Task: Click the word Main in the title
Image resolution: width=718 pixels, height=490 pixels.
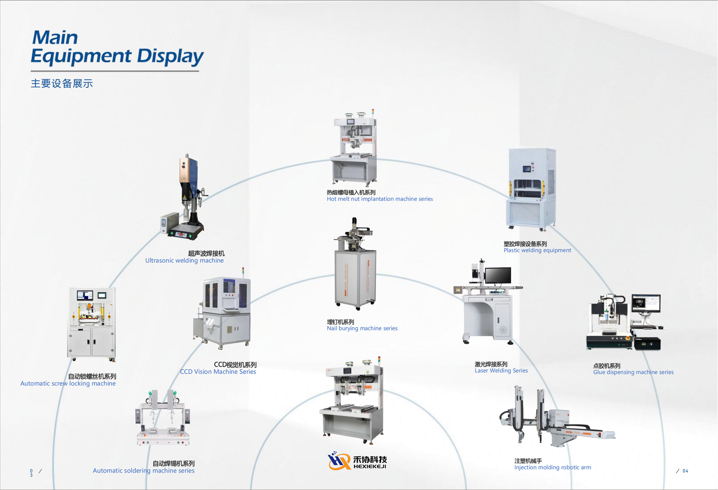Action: (55, 37)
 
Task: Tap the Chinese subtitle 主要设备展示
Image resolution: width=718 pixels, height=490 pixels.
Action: (62, 83)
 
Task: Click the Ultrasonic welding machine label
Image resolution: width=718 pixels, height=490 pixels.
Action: (184, 261)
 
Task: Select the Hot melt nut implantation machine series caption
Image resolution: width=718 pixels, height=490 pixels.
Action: (380, 199)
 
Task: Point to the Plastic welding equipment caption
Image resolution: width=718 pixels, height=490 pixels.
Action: (537, 250)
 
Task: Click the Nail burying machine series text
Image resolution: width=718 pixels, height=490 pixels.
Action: (362, 328)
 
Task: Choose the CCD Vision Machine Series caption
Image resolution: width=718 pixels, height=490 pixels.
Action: (218, 372)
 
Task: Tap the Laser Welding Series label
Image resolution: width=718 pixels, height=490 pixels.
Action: (501, 370)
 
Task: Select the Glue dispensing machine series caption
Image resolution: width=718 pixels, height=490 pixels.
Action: (633, 372)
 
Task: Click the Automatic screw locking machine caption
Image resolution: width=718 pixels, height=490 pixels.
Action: (68, 383)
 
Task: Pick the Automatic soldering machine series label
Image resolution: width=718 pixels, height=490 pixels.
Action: (144, 471)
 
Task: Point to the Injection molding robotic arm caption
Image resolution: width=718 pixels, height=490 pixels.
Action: (552, 467)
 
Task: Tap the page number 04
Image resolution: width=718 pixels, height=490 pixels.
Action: (685, 471)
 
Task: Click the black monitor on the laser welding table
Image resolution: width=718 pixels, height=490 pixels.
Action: (498, 276)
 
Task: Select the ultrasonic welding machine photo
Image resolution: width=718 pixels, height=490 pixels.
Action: (185, 198)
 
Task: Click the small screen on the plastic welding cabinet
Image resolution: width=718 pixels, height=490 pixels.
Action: (527, 169)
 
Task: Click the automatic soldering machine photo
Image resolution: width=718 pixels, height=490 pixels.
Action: (163, 419)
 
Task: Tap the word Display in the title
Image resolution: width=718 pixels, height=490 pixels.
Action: (170, 57)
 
